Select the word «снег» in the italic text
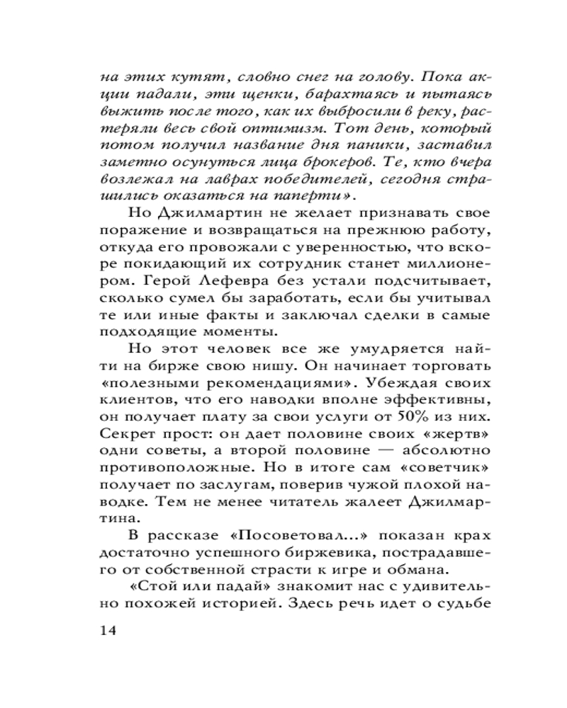click(x=309, y=76)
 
